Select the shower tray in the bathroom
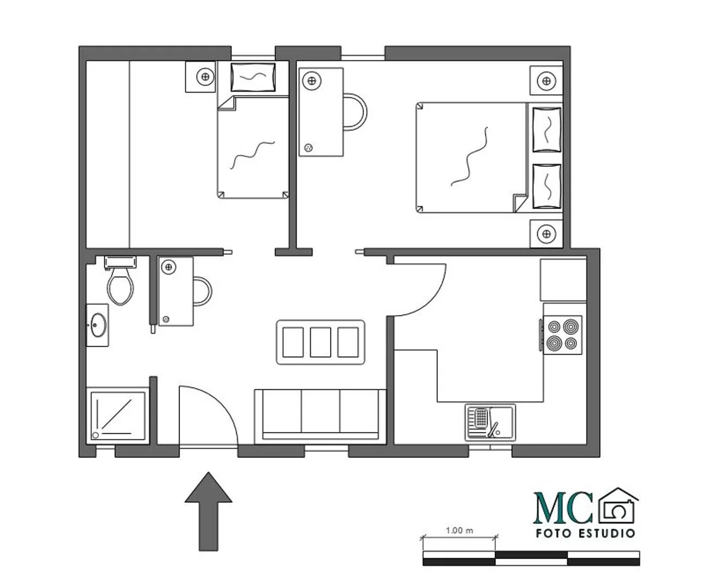pos(117,415)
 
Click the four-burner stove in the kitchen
pos(562,335)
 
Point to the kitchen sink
pos(490,422)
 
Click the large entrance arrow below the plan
pos(208,511)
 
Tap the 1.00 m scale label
pos(460,530)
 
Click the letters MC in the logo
pos(562,508)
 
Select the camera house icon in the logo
pos(618,505)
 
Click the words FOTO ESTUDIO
pos(585,533)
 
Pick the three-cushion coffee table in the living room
pos(320,342)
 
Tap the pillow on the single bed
pos(253,77)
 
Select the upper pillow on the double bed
pos(547,129)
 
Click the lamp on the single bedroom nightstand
pos(205,77)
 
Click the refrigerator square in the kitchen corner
pos(563,280)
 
